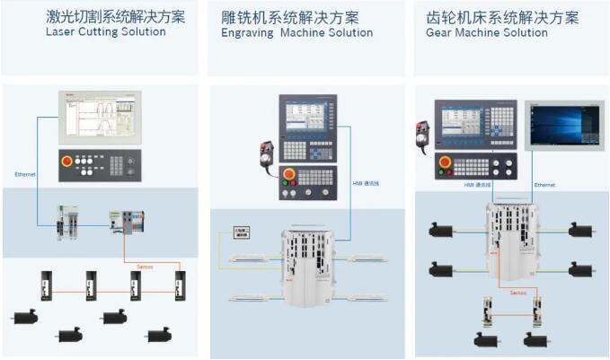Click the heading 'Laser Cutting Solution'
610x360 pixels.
click(106, 32)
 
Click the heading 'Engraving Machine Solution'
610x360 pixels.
click(296, 33)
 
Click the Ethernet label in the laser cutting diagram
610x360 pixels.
click(25, 173)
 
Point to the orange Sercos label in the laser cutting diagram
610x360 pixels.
click(144, 267)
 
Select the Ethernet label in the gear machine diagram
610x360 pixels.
click(544, 185)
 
